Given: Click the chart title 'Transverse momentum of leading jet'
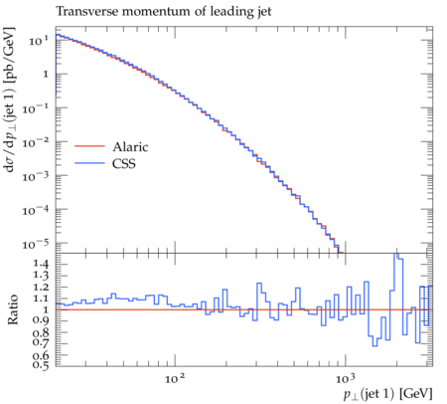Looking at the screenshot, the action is (164, 12).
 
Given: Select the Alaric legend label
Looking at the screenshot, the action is (130, 147).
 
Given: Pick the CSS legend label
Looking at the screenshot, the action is (124, 163).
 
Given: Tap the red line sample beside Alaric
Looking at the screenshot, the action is (89, 146).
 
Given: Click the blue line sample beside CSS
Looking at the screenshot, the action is (89, 163).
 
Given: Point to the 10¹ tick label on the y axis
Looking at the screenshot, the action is (39, 41).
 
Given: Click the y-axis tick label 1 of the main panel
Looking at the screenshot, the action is (46, 75).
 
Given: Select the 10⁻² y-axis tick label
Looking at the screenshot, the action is (36, 142).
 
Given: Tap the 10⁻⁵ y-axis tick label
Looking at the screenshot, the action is (36, 244).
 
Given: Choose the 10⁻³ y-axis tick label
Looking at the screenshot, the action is (36, 176).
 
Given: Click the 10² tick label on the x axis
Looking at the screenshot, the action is (175, 378).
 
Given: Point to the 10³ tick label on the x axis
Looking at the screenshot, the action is (345, 378).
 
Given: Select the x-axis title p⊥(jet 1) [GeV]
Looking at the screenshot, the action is (387, 394).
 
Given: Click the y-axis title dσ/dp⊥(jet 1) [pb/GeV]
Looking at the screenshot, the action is (9, 100).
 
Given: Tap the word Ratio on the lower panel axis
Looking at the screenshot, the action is (13, 309).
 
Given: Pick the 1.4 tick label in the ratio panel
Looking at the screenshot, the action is (41, 264).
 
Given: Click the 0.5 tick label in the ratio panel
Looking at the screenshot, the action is (41, 365).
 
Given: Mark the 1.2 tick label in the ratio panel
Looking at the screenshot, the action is (41, 287).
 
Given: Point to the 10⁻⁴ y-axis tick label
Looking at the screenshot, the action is (36, 210).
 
